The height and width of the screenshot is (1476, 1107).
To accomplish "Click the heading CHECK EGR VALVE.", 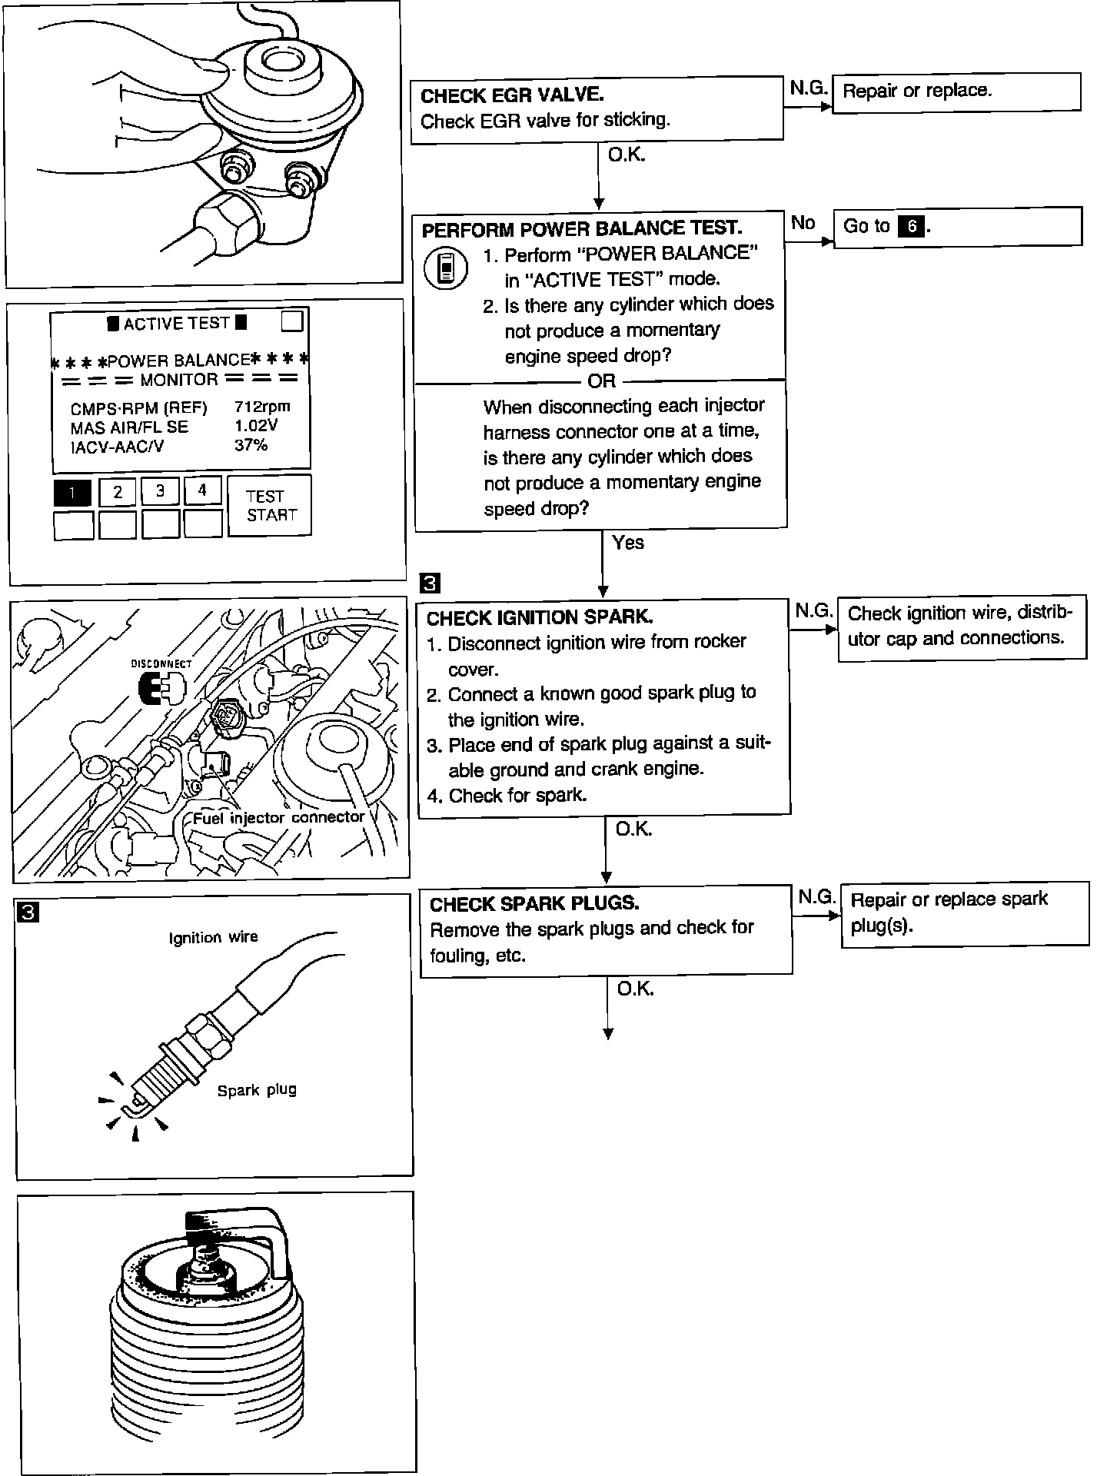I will click(512, 95).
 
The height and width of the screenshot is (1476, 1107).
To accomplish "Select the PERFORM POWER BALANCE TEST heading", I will click(582, 228).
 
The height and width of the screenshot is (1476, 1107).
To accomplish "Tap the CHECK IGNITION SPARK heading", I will click(540, 617).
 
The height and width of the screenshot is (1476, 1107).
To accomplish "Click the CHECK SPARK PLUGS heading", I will click(534, 903).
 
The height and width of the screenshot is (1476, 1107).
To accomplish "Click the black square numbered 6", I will click(912, 226).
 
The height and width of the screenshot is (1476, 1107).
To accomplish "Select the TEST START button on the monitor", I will click(270, 505).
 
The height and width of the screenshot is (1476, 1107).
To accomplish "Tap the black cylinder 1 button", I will click(72, 492).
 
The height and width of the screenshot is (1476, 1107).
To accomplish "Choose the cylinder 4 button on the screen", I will click(202, 490).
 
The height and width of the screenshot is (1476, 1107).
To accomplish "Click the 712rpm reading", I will click(262, 407).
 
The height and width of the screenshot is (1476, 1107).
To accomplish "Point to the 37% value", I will click(251, 444).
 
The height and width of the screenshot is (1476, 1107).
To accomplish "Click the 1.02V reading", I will click(256, 425).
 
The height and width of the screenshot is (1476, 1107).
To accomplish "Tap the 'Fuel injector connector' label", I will click(278, 817).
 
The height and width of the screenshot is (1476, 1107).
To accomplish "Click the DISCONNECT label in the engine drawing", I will click(161, 663).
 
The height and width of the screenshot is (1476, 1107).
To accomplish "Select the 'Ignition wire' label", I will click(213, 937).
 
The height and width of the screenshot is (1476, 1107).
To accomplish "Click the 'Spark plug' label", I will click(256, 1089).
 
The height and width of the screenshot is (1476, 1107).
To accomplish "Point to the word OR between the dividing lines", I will click(601, 381).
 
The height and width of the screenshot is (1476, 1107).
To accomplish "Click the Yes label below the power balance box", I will click(628, 543).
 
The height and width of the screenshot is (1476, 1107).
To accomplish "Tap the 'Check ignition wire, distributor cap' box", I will click(961, 626).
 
